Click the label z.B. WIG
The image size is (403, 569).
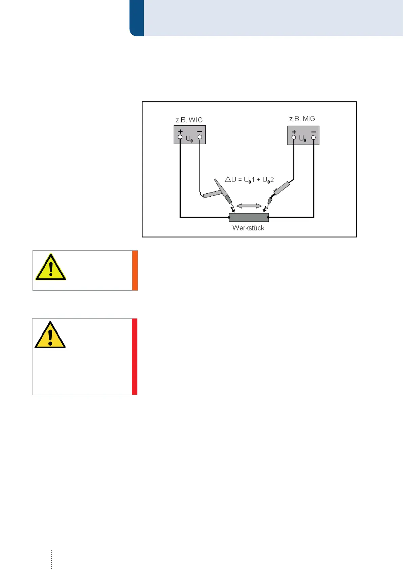189,120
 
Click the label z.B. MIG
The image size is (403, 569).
302,119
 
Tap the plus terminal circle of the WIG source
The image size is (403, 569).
180,137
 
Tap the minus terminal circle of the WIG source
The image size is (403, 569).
200,137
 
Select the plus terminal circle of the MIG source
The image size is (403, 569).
294,137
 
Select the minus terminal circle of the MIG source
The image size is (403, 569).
313,137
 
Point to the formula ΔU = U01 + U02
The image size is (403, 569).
249,180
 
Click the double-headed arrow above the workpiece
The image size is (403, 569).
249,206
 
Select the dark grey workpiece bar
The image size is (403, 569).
249,217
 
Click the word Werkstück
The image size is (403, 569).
248,228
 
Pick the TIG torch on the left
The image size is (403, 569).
222,193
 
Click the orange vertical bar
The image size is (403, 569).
135,270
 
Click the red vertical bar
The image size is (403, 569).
134,356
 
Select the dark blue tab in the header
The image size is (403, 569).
137,18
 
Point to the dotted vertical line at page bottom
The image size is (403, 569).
51,559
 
